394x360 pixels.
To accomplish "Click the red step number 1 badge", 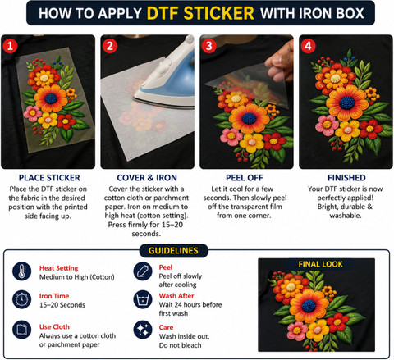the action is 10,46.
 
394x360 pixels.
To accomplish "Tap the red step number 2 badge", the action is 110,46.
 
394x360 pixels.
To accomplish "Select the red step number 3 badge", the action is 208,46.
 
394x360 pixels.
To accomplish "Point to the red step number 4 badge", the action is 308,46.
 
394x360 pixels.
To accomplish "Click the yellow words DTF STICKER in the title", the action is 200,13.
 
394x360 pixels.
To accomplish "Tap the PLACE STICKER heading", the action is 49,178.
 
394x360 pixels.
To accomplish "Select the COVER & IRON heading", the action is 147,178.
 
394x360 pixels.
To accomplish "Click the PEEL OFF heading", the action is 245,178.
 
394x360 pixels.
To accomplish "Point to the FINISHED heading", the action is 346,178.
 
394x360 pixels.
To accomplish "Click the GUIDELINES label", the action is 173,251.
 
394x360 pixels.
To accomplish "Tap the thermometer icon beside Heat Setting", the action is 21,271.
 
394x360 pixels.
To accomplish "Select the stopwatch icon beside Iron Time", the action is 21,299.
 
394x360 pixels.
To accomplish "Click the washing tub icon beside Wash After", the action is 143,299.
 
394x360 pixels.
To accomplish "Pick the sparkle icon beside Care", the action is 143,330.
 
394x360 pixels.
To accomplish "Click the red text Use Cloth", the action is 54,326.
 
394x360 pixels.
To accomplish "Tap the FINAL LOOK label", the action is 320,264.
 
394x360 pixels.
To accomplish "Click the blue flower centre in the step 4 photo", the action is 347,103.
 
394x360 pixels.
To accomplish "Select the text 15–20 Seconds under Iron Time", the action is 62,305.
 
